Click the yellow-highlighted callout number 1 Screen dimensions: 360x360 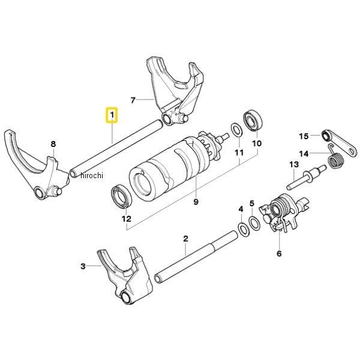112,115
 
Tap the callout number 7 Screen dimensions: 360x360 133,100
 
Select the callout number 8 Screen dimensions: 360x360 53,144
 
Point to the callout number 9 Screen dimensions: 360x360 196,202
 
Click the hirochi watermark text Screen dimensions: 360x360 92,175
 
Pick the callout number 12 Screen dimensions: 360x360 127,219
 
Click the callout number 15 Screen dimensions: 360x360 304,136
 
